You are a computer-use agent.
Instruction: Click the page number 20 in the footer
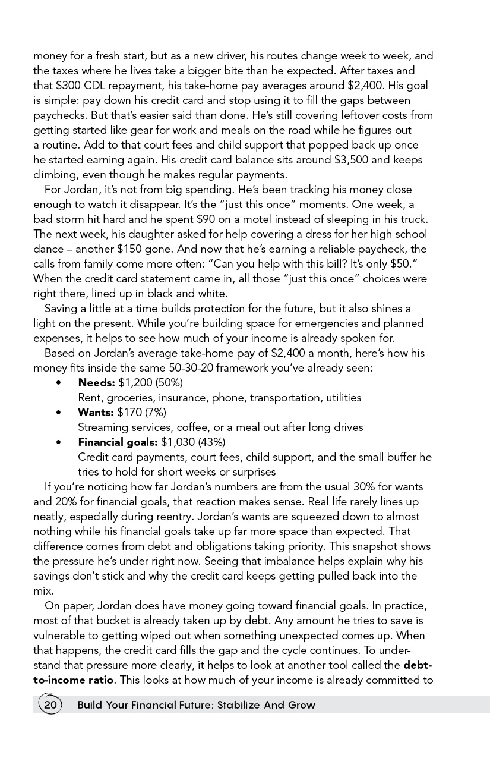[50, 705]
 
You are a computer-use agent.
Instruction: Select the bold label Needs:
[96, 382]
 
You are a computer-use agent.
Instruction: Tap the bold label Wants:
[96, 412]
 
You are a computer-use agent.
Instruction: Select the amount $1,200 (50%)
[150, 382]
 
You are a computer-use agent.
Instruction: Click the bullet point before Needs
[58, 383]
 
